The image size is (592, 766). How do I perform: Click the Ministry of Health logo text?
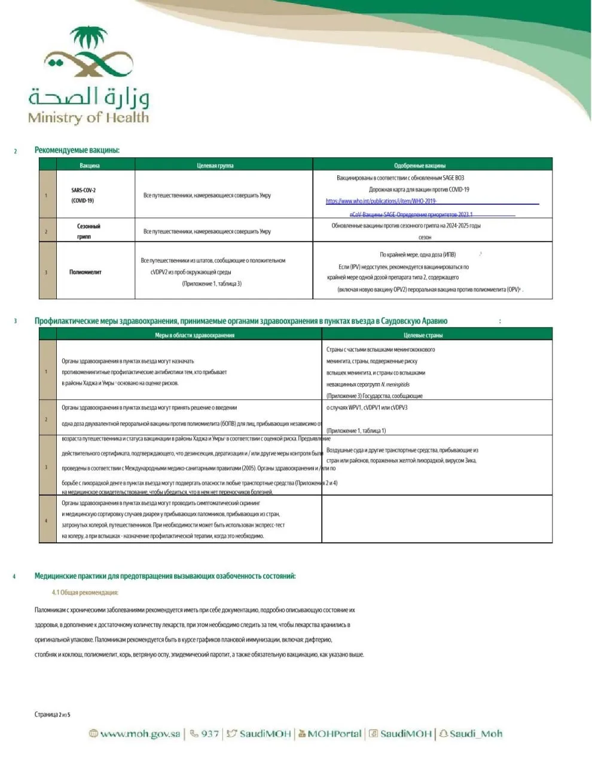pos(88,117)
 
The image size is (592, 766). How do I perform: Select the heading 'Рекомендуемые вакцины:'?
pos(77,150)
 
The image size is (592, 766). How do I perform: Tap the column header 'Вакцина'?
pos(90,165)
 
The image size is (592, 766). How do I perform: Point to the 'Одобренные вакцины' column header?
pos(420,165)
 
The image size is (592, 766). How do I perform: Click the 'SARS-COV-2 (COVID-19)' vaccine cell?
pos(83,195)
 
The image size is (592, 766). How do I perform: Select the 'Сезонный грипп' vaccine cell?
pos(89,231)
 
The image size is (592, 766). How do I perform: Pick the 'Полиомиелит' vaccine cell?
pos(86,272)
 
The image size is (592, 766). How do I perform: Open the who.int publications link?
pos(381,201)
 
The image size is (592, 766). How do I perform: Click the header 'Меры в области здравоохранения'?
pos(194,335)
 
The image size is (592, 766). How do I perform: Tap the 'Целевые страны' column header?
pos(423,335)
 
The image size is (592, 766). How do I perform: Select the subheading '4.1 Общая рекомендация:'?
pos(85,592)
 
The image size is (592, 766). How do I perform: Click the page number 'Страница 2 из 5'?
pos(52,714)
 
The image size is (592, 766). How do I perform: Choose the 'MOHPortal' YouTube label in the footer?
pos(334,734)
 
